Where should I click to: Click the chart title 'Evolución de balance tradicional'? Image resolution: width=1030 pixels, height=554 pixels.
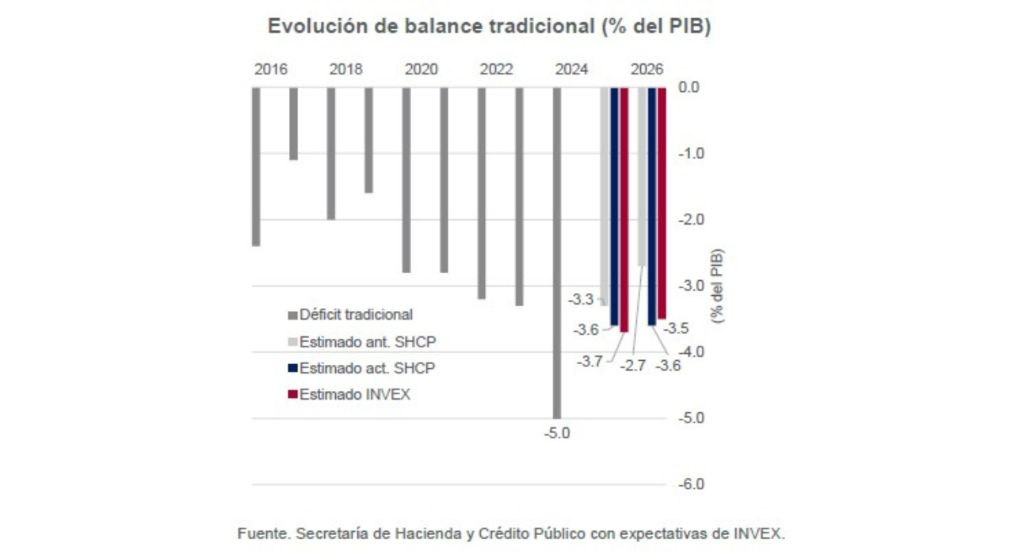[489, 26]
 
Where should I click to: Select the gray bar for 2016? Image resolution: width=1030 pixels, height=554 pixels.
[256, 166]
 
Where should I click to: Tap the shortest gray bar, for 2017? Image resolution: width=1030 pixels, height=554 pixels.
[293, 123]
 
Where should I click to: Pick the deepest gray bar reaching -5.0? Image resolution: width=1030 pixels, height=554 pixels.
[557, 253]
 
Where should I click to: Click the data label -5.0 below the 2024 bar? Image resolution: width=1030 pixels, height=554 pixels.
[557, 434]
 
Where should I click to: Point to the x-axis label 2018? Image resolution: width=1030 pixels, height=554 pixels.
[345, 70]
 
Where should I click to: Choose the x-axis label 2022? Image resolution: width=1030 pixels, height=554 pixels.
[496, 70]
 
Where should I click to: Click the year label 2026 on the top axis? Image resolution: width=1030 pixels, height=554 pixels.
[647, 70]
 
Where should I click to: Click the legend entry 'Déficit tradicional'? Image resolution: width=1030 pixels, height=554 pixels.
[355, 315]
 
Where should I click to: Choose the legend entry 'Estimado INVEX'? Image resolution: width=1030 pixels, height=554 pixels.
[353, 394]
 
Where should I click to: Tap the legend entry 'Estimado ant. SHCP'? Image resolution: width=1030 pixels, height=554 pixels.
[367, 342]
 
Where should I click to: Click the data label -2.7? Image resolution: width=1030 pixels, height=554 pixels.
[633, 366]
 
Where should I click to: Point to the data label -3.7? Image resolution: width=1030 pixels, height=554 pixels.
[589, 362]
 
